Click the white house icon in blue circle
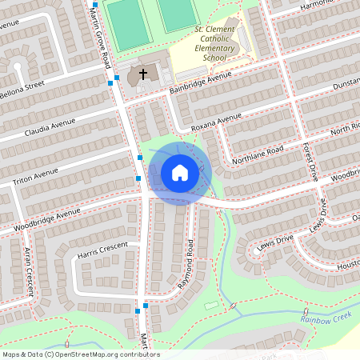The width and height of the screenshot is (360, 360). coord(180,172)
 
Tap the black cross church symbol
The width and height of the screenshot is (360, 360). coord(143,74)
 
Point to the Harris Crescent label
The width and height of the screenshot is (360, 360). coord(102,251)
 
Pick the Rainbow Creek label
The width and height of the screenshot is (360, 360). coord(326,318)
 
